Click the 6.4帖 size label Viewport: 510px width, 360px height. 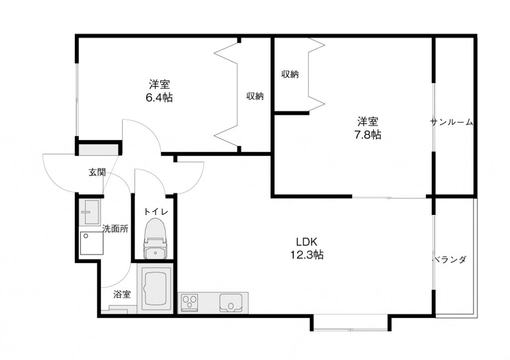[159, 97]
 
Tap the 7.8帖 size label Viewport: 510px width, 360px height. [368, 134]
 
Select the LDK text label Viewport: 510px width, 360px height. [306, 241]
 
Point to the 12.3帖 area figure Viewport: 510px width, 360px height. [307, 254]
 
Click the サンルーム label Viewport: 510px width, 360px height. [451, 122]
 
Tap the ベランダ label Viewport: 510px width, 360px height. [450, 259]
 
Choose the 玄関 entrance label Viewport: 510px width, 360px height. [97, 172]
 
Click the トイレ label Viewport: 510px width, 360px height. [156, 212]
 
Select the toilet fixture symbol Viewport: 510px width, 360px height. [155, 239]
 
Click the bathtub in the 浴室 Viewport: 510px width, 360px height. [155, 288]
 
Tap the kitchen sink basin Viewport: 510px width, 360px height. [231, 302]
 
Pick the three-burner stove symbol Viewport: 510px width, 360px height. [190, 302]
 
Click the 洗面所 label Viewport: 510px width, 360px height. [115, 229]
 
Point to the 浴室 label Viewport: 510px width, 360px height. [122, 295]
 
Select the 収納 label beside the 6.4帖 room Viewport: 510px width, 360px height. [255, 96]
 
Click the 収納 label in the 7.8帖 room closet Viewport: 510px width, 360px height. [290, 74]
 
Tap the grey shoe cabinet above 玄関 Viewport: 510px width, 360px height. [98, 150]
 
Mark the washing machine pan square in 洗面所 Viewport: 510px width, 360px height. [92, 243]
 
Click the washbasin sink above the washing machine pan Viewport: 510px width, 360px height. [90, 212]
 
